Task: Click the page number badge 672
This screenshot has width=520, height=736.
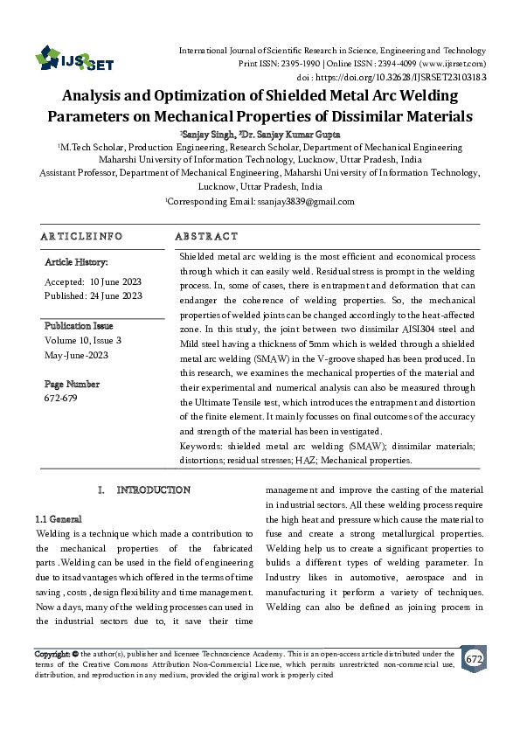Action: pyautogui.click(x=475, y=658)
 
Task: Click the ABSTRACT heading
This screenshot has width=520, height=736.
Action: pyautogui.click(x=206, y=237)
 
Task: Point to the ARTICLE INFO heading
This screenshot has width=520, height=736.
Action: pyautogui.click(x=81, y=237)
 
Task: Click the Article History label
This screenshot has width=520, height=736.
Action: pyautogui.click(x=76, y=262)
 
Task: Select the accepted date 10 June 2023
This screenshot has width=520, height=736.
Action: pyautogui.click(x=115, y=281)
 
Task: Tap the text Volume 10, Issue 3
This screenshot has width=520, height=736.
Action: pyautogui.click(x=83, y=340)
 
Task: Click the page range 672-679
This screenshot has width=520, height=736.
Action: pyautogui.click(x=60, y=399)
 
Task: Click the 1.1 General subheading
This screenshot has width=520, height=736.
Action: pyautogui.click(x=59, y=518)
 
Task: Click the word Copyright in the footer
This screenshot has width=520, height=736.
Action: pyautogui.click(x=52, y=654)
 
